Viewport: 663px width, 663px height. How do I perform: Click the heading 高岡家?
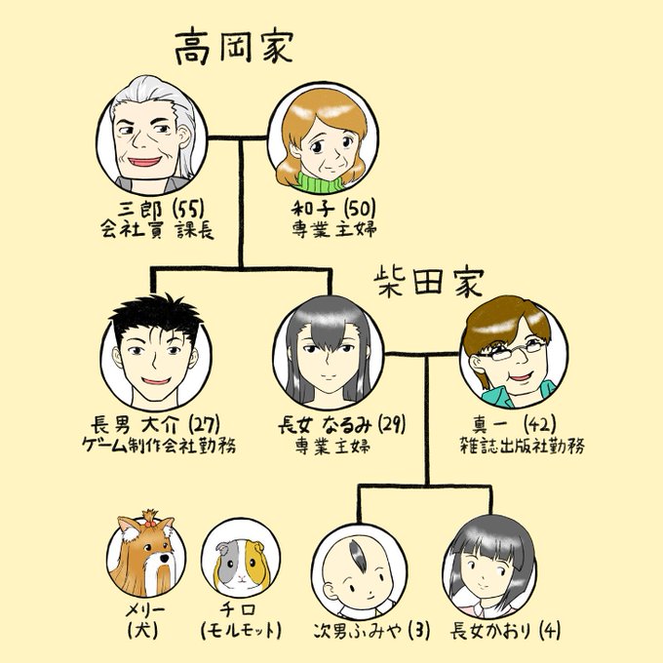(233, 47)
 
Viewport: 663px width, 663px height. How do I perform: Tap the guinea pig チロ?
(238, 564)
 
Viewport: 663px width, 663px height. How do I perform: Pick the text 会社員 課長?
(157, 231)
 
